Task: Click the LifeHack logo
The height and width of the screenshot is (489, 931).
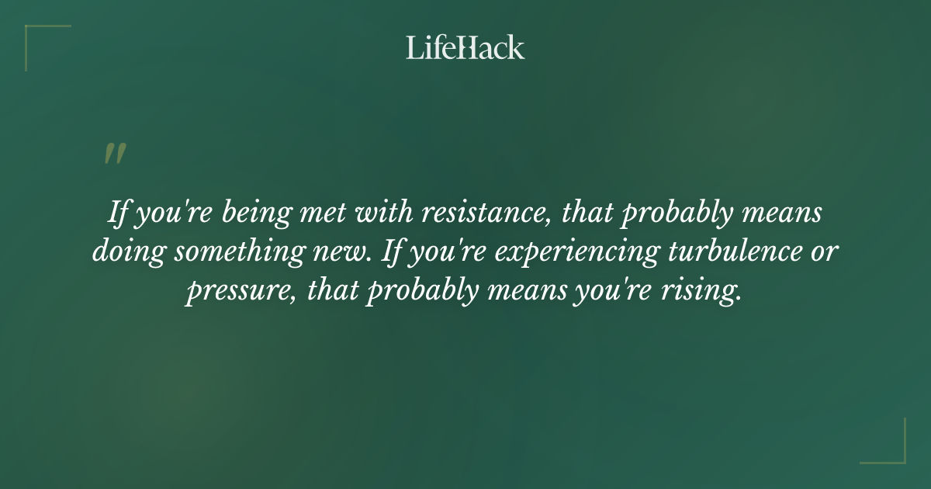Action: tap(465, 48)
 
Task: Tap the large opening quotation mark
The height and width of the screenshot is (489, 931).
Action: tap(115, 154)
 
